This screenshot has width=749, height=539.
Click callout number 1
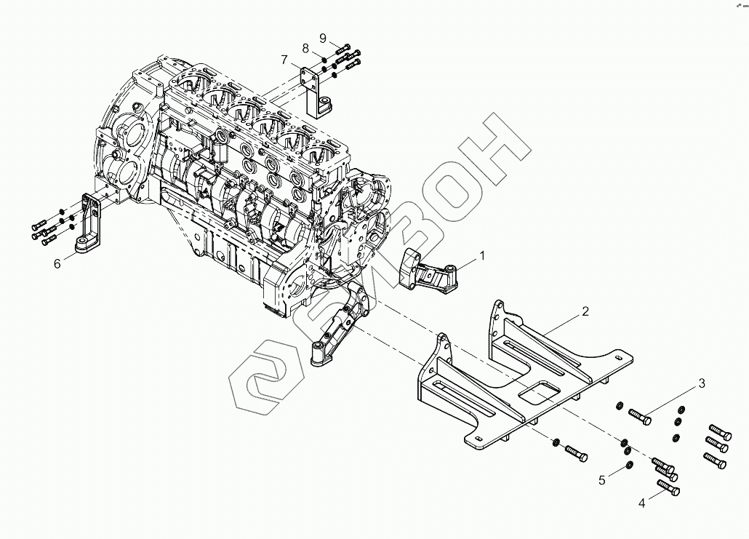click(481, 255)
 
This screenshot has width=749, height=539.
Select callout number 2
click(585, 311)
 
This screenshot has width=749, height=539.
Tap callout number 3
click(702, 383)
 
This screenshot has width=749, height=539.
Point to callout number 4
click(642, 503)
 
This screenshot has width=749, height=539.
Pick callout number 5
click(601, 479)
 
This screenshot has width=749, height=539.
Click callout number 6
click(57, 263)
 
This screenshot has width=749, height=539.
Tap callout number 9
click(323, 38)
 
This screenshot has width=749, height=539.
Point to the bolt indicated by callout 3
click(637, 417)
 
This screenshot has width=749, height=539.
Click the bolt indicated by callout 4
click(668, 488)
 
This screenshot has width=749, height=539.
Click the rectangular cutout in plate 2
click(540, 392)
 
